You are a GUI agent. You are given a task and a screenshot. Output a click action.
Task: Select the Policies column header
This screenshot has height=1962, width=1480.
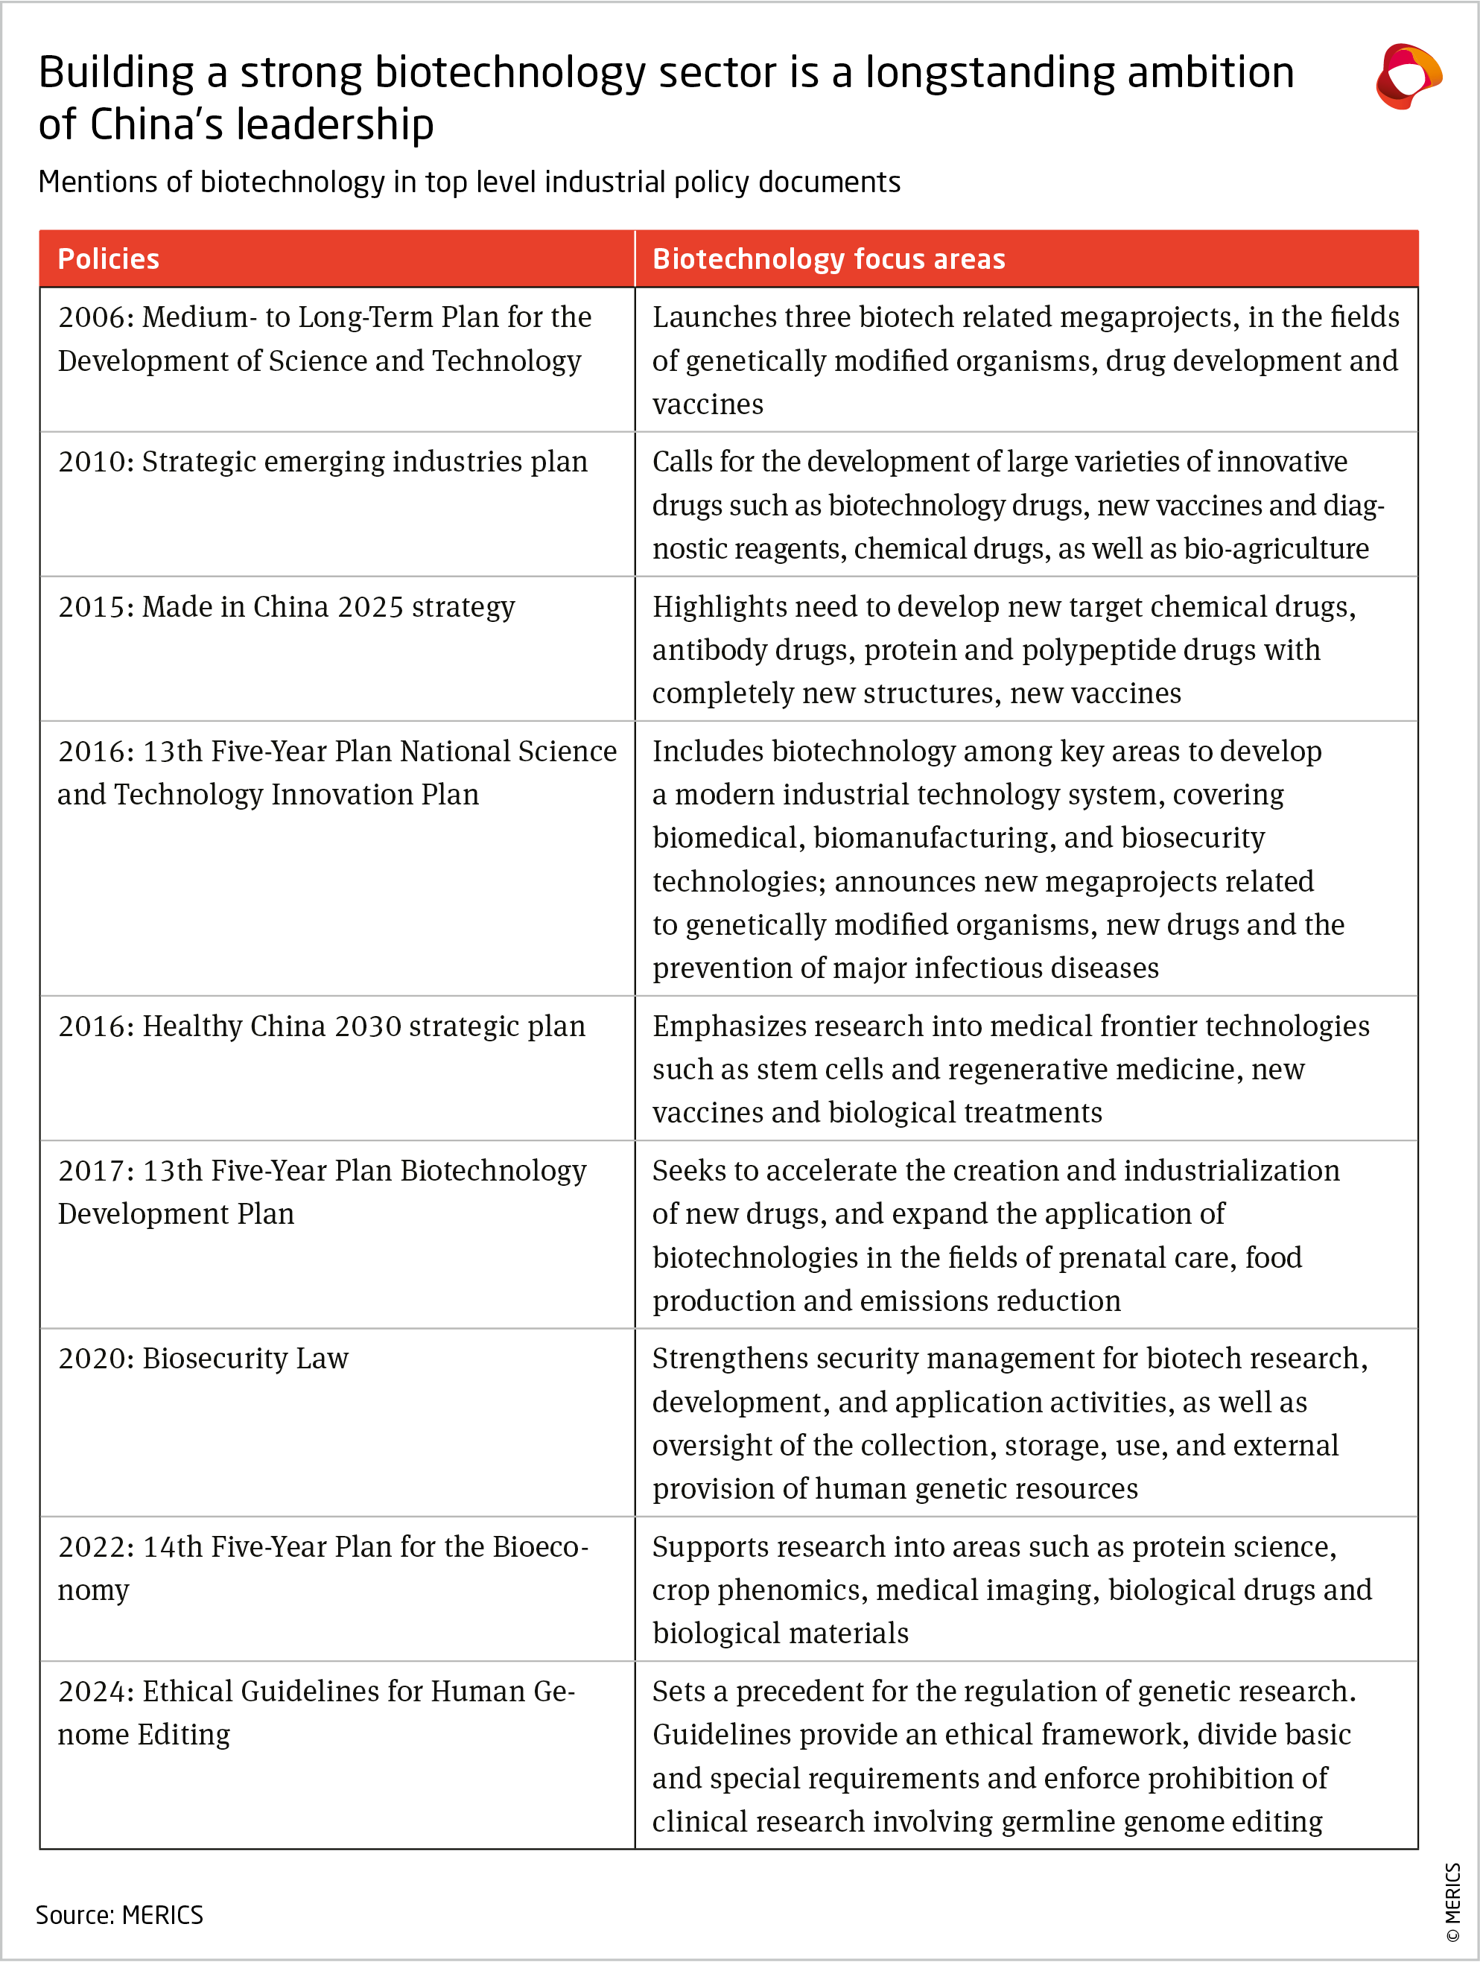[108, 259]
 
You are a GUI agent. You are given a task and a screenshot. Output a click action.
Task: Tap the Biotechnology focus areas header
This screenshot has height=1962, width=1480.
[828, 259]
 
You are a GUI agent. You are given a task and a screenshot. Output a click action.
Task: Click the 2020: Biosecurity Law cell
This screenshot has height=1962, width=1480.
[203, 1359]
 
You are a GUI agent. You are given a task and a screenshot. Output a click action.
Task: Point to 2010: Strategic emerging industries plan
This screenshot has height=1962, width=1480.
[323, 462]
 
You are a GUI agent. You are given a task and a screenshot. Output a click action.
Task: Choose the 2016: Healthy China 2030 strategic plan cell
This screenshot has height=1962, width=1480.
[322, 1026]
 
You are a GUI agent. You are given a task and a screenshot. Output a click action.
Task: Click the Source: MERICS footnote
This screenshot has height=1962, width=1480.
[120, 1915]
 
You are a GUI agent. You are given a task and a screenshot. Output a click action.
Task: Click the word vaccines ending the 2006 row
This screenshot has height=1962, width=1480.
[708, 404]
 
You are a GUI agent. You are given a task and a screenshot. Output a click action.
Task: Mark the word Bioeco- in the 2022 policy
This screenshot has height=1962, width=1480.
[540, 1547]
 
